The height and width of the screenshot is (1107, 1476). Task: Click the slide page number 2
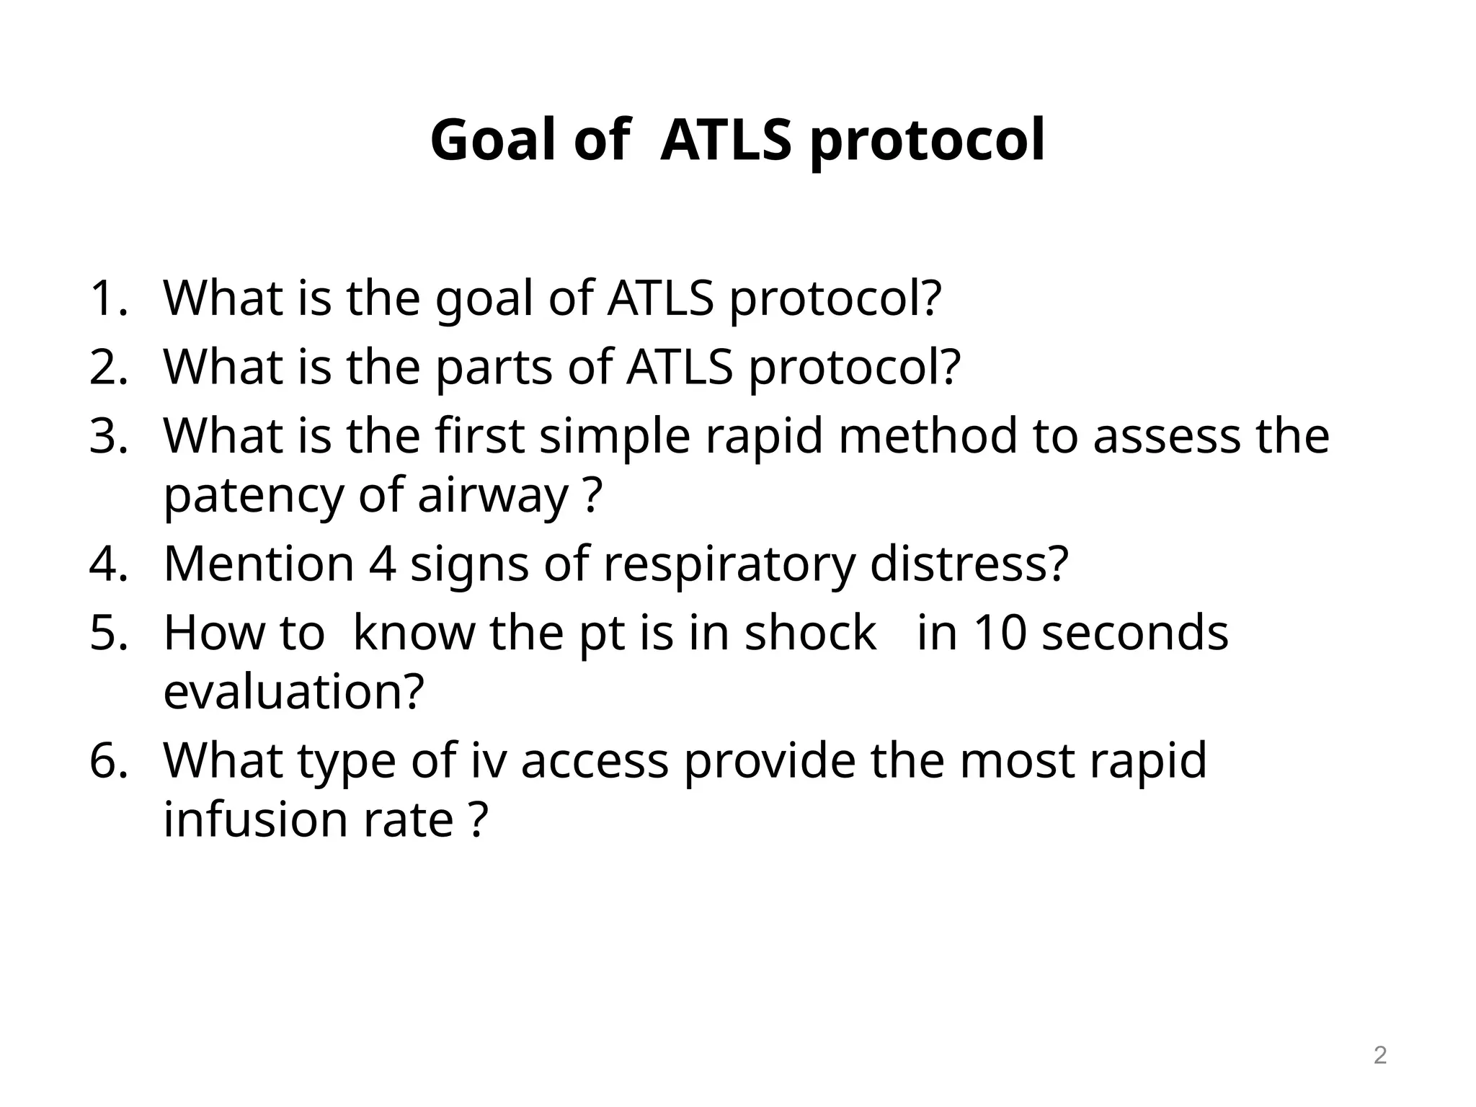click(x=1379, y=1056)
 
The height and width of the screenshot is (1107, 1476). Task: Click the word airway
click(x=493, y=496)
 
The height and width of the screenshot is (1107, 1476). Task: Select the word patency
click(x=253, y=496)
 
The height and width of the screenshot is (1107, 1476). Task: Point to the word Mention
click(x=259, y=564)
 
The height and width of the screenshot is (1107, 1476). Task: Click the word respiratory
click(x=729, y=564)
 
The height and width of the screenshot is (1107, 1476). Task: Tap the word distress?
click(x=969, y=564)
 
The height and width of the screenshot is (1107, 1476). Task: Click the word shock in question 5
click(x=810, y=633)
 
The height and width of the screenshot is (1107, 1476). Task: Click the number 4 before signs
click(x=382, y=564)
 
